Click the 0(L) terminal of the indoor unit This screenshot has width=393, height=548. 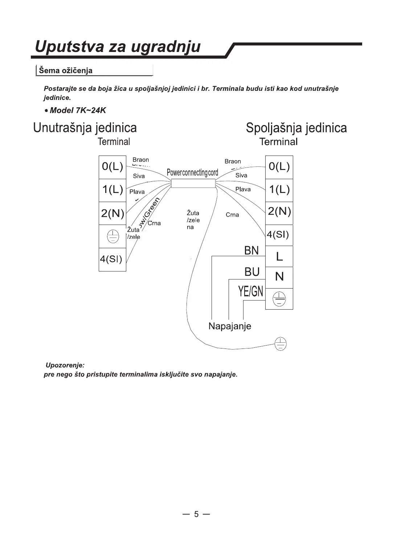point(112,167)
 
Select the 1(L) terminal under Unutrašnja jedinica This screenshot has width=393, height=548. point(112,190)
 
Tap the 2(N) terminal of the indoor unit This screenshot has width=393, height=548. point(112,213)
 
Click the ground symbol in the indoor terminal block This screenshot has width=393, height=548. point(112,237)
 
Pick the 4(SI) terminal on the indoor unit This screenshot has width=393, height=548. point(111,259)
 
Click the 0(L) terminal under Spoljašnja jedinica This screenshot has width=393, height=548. point(279,167)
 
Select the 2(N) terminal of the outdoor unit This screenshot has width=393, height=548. point(279,212)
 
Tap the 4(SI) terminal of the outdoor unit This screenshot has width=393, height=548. point(278,234)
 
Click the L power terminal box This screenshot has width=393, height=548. point(279,257)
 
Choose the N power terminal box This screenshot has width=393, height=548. point(279,277)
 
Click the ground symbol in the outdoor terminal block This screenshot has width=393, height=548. point(279,299)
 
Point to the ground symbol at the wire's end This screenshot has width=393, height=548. point(280,343)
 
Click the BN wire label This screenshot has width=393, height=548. point(251,250)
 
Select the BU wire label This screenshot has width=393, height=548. point(252,272)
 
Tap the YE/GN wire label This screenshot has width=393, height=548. point(251,291)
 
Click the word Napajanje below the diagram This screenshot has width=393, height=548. point(230,326)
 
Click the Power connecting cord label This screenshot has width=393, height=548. point(192,172)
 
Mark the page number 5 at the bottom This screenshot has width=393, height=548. point(196,514)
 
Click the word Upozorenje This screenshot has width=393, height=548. point(65,365)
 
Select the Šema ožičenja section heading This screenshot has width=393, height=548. point(66,70)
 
